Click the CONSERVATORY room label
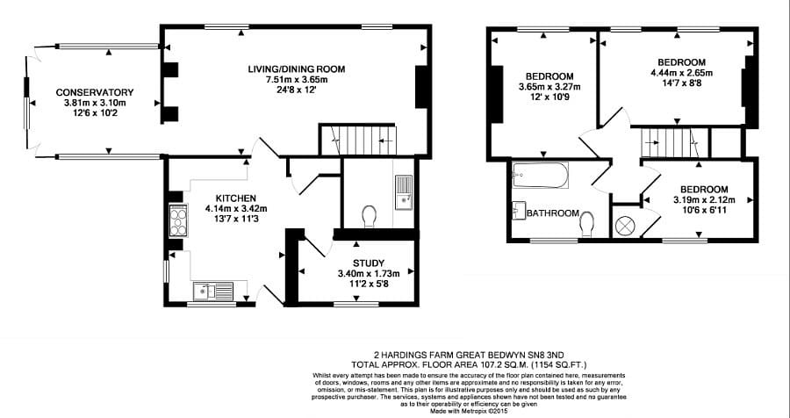click(x=94, y=92)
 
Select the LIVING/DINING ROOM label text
click(x=297, y=69)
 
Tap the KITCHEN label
click(x=235, y=198)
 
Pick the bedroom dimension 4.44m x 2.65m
click(x=678, y=73)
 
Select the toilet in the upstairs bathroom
click(x=587, y=225)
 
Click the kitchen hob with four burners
click(x=177, y=220)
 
